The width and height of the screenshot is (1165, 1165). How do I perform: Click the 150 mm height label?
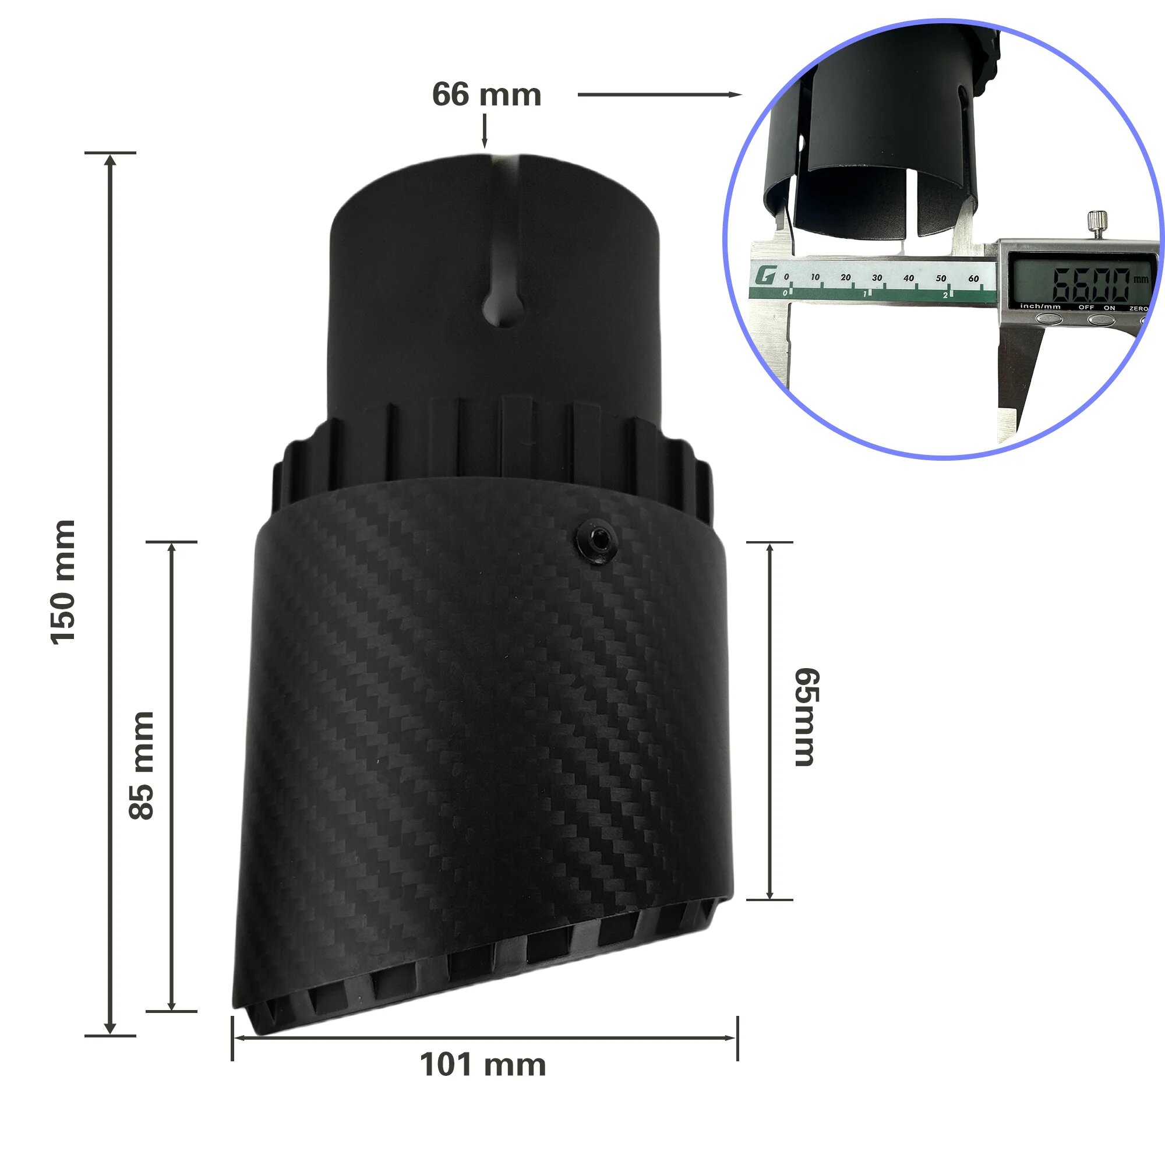[63, 582]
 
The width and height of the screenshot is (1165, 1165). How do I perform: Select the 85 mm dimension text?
[142, 765]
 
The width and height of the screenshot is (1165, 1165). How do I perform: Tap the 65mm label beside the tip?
[806, 717]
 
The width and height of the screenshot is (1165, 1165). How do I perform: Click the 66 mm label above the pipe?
[486, 95]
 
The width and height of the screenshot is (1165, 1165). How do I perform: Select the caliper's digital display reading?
[1091, 284]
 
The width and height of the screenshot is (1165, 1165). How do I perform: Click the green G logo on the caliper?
[765, 277]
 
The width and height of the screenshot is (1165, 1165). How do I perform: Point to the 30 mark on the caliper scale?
[877, 278]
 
